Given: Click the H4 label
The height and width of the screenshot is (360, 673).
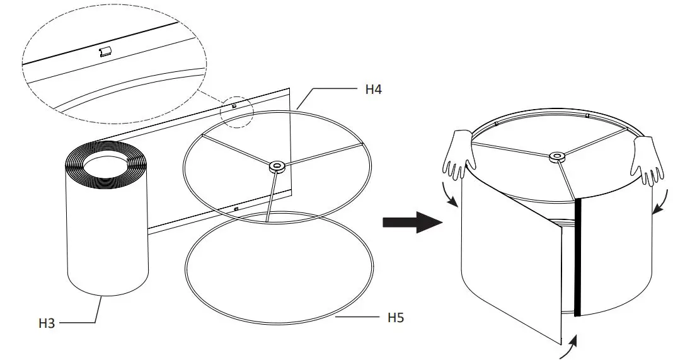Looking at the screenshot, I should [x=373, y=90].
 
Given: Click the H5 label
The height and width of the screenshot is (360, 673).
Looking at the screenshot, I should [x=395, y=317].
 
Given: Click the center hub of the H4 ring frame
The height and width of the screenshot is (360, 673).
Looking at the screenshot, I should [x=277, y=167].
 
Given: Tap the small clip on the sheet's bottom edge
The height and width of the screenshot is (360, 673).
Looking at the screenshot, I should [x=236, y=208].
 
